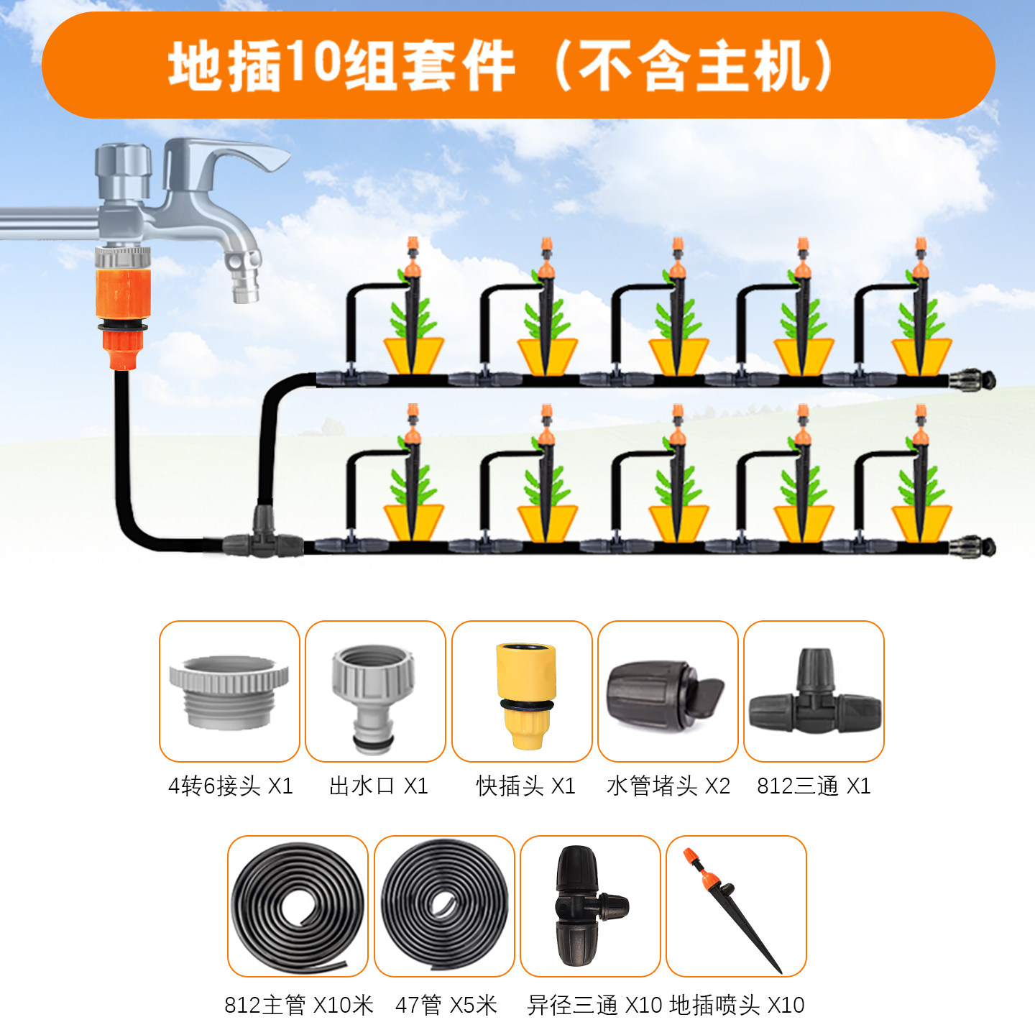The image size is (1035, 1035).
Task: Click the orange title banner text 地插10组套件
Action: (x=342, y=66)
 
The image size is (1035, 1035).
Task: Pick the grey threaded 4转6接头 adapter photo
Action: (x=229, y=691)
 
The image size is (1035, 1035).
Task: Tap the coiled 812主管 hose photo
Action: (x=298, y=906)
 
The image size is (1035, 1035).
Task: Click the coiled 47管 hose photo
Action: (x=444, y=906)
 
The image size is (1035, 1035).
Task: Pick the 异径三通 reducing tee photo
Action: (x=590, y=906)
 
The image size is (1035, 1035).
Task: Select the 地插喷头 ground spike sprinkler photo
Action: (x=736, y=906)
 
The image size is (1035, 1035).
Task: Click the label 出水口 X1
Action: (x=379, y=786)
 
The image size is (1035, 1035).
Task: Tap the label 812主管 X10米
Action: (x=299, y=1004)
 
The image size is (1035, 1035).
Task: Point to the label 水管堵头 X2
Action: (x=668, y=786)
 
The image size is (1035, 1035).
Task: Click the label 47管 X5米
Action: (x=446, y=1004)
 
